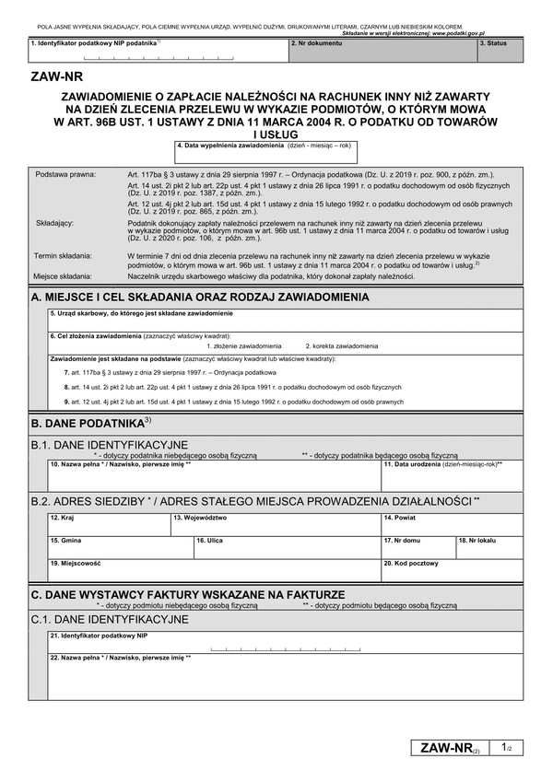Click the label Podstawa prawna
65,174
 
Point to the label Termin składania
64,255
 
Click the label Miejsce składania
64,275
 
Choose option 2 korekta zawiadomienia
341,345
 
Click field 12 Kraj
109,525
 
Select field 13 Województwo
275,525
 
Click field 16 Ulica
287,547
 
